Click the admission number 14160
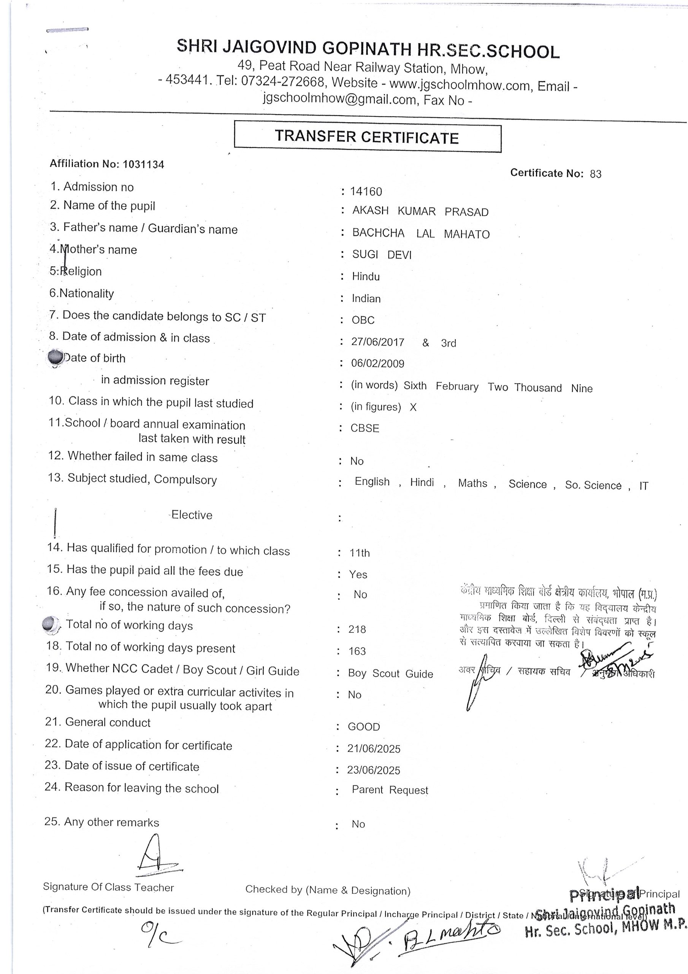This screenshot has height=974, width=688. point(366,192)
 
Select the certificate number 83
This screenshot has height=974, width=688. point(595,174)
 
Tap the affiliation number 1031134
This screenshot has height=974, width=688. point(143,165)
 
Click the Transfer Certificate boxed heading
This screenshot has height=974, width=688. point(367,137)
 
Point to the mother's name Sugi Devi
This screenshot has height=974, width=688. point(382,255)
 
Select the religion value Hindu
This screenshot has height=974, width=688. point(365,277)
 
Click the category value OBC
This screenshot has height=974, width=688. point(363,320)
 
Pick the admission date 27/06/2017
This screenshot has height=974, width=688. point(377,342)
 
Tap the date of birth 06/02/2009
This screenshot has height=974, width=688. point(377,364)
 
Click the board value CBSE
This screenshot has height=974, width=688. point(365,428)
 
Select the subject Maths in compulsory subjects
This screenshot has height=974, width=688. point(472,483)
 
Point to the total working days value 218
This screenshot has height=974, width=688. point(357,630)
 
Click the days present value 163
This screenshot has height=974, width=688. point(357,651)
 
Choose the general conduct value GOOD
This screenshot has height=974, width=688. point(364,727)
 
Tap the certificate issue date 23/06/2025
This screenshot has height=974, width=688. point(373,770)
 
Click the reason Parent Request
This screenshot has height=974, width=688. point(390,790)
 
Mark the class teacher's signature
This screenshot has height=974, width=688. point(157,857)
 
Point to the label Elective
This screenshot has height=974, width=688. point(192,515)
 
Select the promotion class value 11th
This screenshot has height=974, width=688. point(360,553)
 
